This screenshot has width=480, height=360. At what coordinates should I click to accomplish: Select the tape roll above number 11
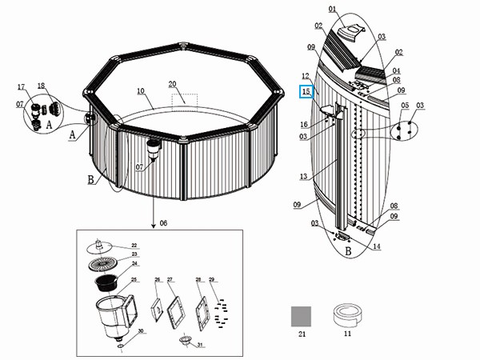346,314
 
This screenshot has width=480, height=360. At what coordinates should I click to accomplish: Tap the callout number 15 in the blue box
305,93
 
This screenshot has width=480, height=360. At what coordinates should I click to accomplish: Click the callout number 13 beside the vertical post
303,177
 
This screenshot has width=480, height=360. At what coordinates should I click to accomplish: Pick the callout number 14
377,246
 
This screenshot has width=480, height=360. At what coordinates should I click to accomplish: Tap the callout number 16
305,124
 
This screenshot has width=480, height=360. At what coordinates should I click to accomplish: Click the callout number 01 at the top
332,10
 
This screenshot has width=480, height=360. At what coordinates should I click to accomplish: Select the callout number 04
396,70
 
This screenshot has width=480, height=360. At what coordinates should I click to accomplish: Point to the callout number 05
405,106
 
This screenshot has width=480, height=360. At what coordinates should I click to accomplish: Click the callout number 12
305,76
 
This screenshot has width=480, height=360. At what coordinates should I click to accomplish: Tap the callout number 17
22,86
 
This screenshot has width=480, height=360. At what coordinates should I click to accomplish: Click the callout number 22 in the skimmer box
134,246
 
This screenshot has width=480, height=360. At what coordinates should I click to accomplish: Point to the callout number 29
212,279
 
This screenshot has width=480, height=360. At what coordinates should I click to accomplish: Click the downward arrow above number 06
152,210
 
